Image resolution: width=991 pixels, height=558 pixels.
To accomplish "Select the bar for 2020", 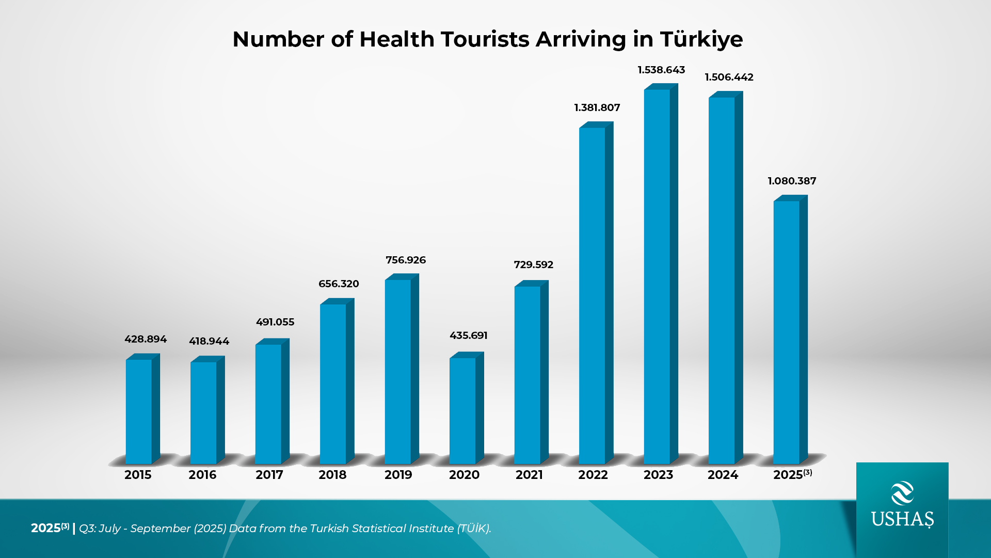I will pos(463,411).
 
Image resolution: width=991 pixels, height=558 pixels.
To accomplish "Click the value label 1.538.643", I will pos(661,70).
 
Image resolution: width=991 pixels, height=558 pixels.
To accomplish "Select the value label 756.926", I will pos(406,260).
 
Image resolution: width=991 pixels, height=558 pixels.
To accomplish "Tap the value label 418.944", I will pos(209,341).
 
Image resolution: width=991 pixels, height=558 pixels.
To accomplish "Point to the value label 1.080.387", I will pos(792,181).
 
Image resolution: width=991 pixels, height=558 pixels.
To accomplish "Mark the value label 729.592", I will pos(533,265).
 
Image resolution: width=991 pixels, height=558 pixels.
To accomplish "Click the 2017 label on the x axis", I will pos(269,475).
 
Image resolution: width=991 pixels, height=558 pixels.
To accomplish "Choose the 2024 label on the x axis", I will pos(723,475).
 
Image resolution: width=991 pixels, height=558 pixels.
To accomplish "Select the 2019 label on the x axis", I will pos(398,475).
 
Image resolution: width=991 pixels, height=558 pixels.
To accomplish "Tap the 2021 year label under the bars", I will pos(529,475).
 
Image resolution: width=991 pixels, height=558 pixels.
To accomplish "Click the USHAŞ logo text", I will pos(902,519).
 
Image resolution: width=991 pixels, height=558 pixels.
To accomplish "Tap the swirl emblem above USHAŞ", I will pos(902,493).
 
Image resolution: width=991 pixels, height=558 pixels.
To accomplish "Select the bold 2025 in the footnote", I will pos(46,528).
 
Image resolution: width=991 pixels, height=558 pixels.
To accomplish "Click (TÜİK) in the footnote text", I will pos(474,528).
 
